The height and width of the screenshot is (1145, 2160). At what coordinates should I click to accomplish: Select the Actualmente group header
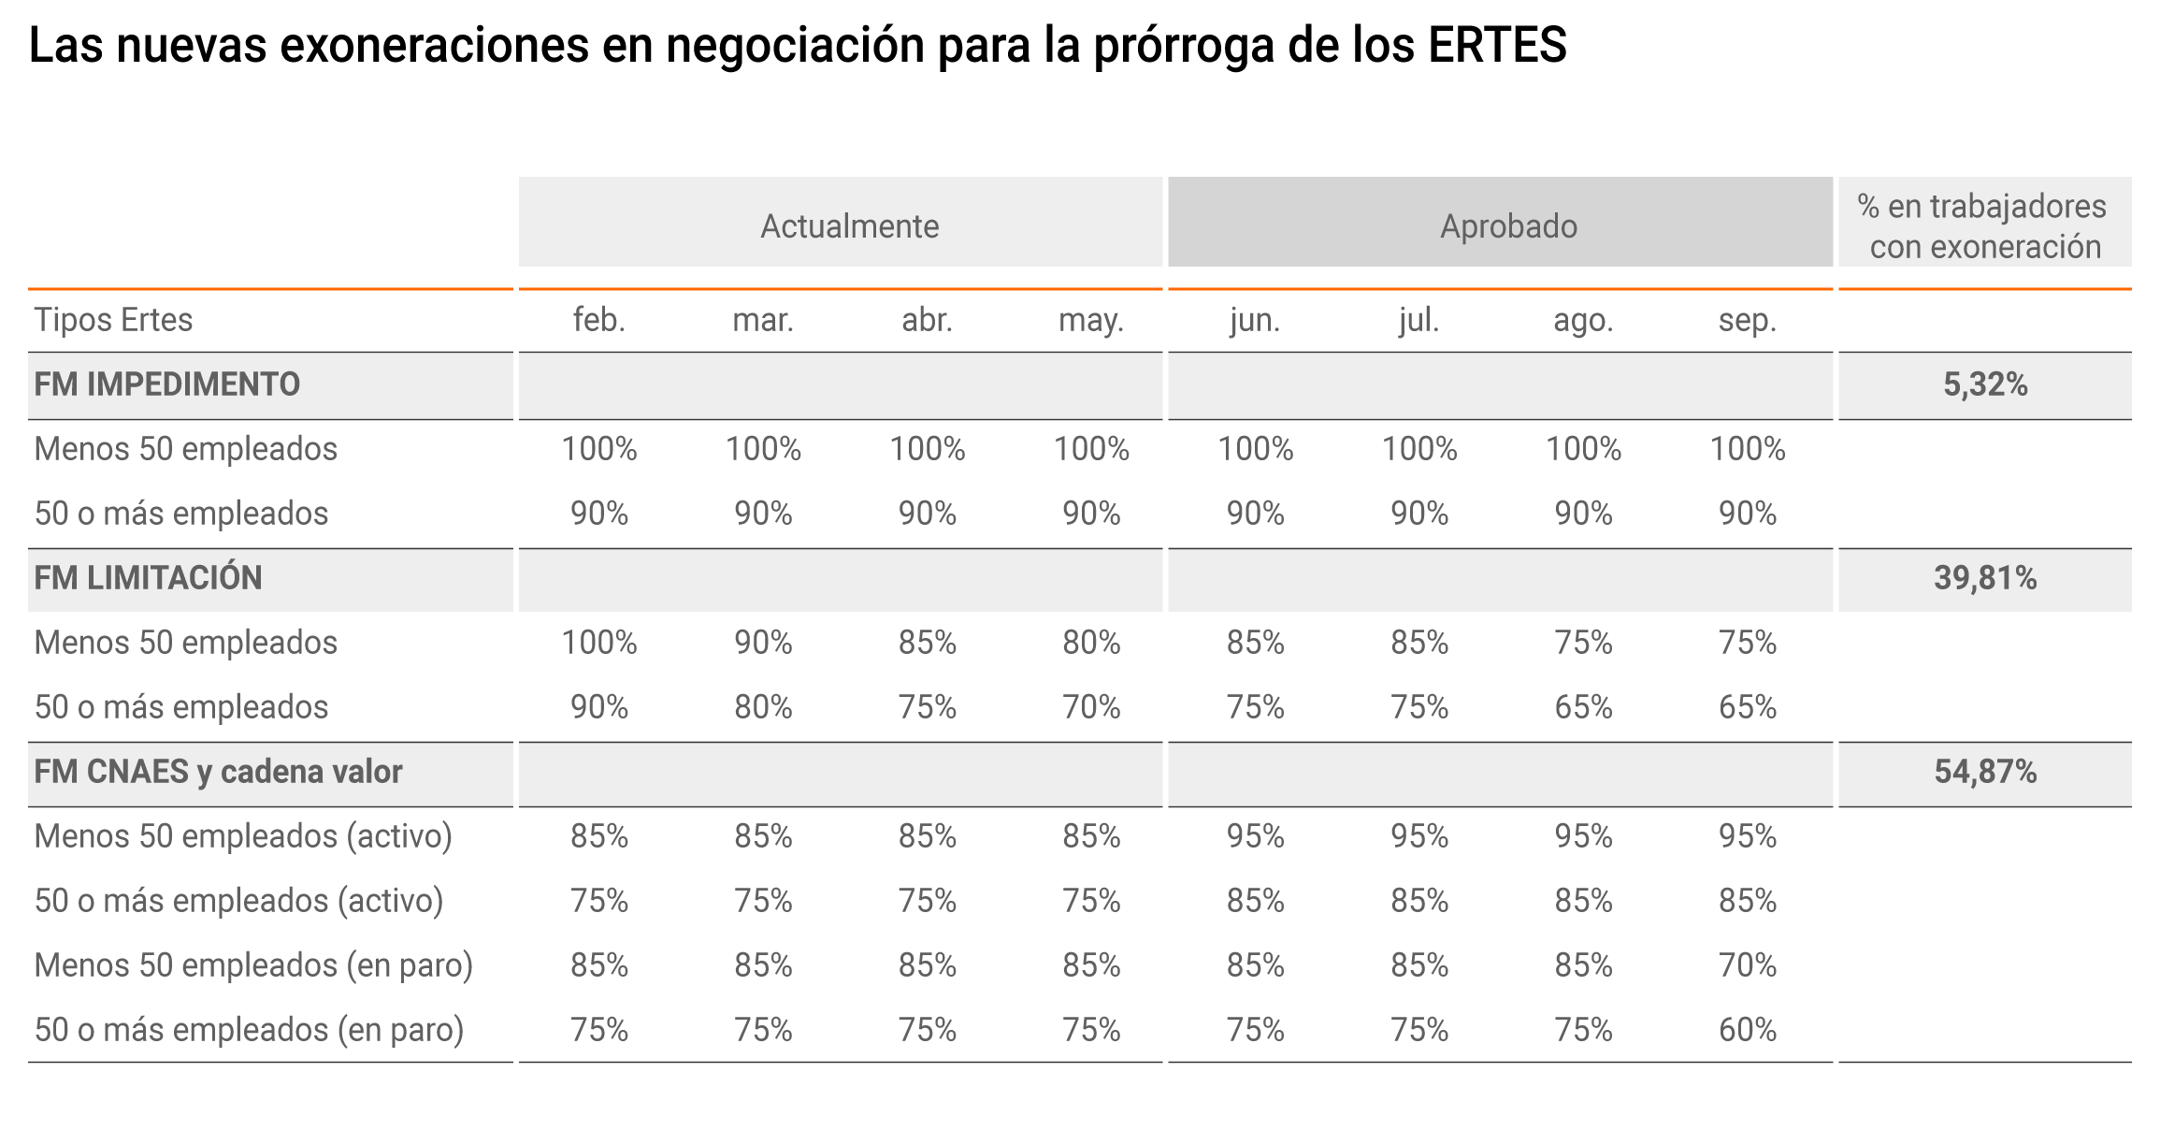(849, 226)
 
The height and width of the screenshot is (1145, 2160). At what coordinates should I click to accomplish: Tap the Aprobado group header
(1508, 226)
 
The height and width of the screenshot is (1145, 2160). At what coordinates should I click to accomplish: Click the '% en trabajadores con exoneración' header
(1985, 226)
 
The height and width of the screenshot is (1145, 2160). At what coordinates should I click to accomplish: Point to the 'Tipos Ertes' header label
(113, 320)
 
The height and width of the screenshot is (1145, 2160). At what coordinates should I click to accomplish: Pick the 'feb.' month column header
(598, 320)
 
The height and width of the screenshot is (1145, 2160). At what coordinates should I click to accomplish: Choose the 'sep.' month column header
(1747, 320)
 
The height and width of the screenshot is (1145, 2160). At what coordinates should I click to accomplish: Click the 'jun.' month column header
(1255, 320)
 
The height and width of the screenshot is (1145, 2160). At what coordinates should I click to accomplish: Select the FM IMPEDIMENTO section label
(166, 384)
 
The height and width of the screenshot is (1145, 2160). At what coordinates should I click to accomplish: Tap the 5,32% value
(1985, 384)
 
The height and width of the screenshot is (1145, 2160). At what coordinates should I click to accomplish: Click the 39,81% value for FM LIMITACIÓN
(1985, 578)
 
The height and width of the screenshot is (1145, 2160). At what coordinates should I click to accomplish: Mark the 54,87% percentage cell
(1985, 772)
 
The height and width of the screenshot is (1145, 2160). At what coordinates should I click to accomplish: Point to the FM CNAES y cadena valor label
(218, 772)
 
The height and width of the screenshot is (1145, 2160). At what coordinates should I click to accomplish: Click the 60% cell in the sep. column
(1747, 1030)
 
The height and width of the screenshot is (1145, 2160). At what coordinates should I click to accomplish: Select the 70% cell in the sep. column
(1747, 965)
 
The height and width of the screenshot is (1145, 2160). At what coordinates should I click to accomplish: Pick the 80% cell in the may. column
(1091, 643)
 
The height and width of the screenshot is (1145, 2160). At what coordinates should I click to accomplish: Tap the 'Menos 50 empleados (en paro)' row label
(253, 965)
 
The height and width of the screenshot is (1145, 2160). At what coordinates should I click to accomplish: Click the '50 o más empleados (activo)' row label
(238, 901)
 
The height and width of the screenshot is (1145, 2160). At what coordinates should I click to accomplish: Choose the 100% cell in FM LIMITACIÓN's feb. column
(598, 643)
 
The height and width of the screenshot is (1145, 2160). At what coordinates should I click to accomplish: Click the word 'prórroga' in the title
(1184, 47)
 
